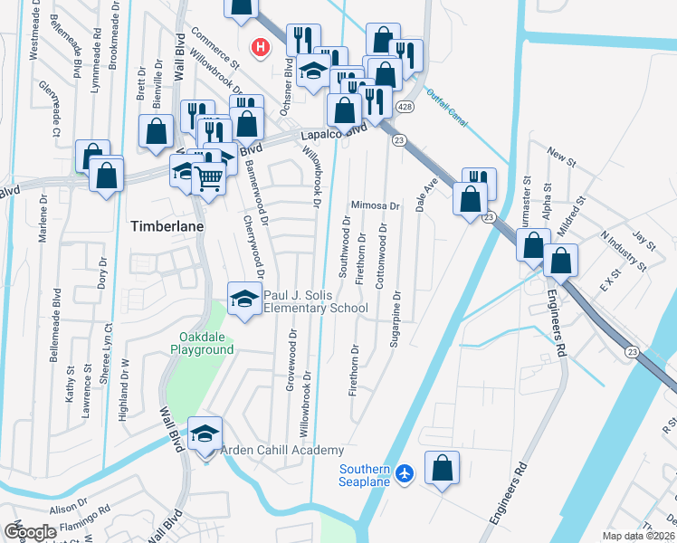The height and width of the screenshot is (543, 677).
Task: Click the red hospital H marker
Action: tap(261, 46)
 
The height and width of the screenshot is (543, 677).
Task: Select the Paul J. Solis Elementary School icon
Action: tap(243, 298)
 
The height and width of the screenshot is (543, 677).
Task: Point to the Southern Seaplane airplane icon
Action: tap(405, 472)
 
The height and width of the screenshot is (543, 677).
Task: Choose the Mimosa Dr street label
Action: tap(376, 205)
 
